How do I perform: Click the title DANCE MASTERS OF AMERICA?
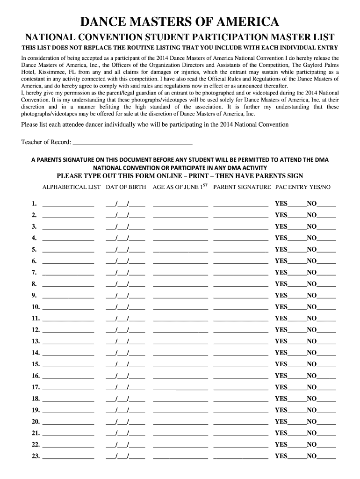tap(180, 22)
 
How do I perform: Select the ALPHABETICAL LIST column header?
tap(71, 187)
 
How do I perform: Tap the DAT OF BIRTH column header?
tap(125, 187)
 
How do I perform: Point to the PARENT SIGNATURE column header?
tap(242, 187)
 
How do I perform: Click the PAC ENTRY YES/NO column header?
tap(302, 187)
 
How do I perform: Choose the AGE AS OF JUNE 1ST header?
tap(180, 187)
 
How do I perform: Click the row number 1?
tap(34, 203)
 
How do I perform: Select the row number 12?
tap(36, 330)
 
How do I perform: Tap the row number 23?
tap(36, 456)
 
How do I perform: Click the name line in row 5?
tap(68, 250)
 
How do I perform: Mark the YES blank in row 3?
tap(297, 227)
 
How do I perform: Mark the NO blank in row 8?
tap(326, 285)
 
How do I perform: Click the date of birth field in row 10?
tap(125, 308)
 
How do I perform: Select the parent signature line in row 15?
tap(241, 365)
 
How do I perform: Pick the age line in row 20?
tap(180, 422)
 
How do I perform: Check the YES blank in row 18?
tap(297, 399)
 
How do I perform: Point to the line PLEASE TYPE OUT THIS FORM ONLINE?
tap(180, 176)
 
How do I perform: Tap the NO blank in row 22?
tap(326, 445)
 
